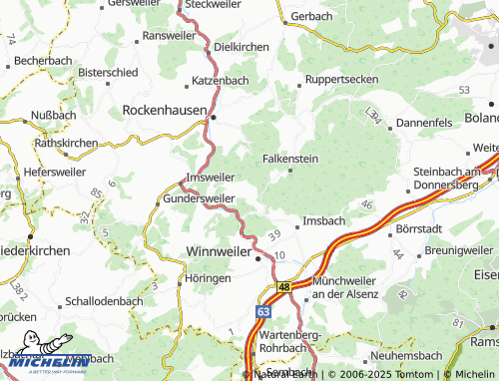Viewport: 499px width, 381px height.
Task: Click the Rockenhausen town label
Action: [164, 109]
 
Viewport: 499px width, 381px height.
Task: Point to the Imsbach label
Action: [324, 220]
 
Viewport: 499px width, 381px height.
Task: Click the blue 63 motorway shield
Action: [261, 312]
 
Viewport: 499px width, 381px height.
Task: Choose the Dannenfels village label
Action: [425, 123]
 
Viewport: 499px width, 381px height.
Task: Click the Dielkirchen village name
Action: [244, 46]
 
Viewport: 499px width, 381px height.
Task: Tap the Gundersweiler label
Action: [199, 198]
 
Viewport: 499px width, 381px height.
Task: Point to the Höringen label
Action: [208, 279]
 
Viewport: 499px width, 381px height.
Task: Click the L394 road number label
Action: [373, 116]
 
